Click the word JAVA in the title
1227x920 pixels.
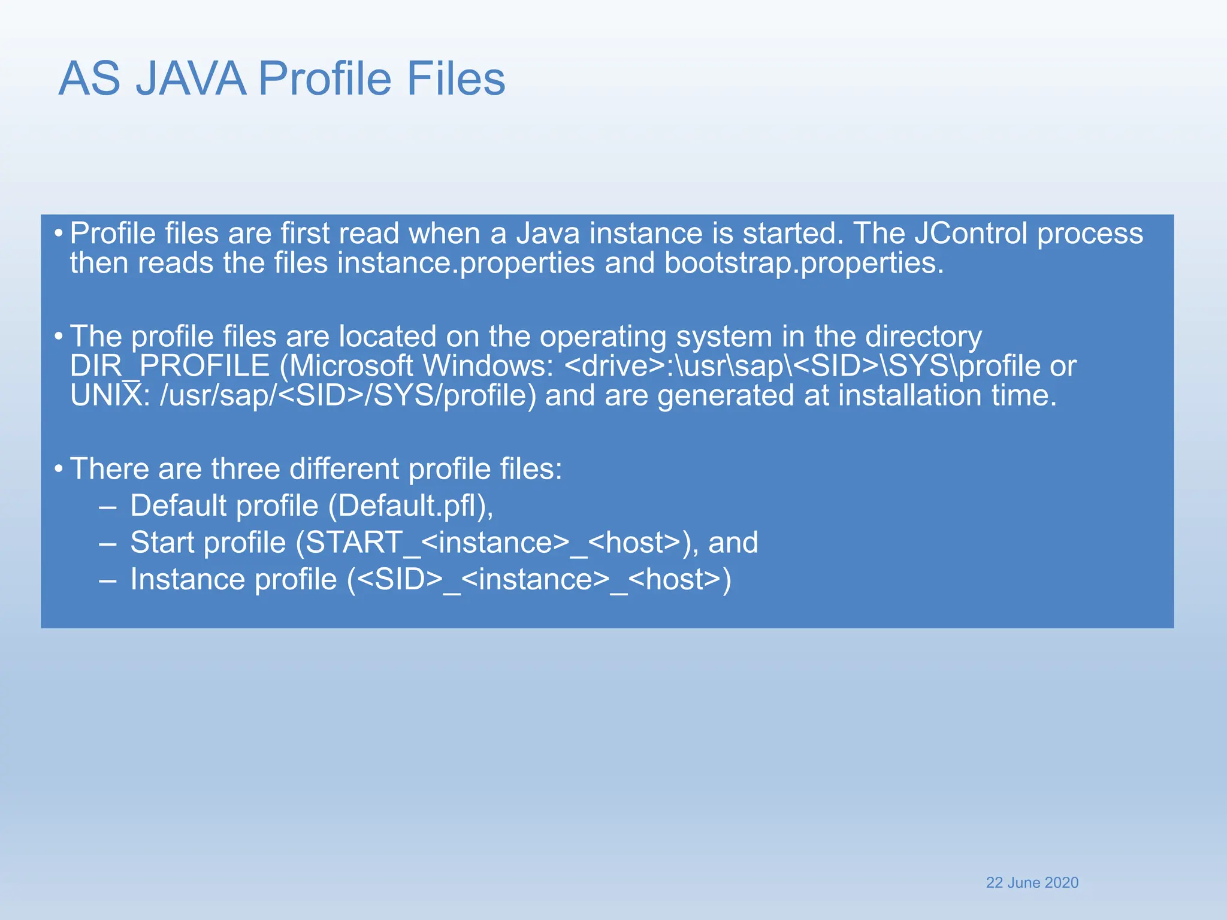[x=191, y=78]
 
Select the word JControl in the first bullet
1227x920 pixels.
[x=971, y=233]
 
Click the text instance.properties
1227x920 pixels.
[x=466, y=263]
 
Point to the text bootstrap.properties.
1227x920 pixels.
[x=804, y=263]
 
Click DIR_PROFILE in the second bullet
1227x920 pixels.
[x=170, y=366]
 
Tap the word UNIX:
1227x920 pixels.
[x=110, y=396]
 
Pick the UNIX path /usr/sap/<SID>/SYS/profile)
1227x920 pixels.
[x=347, y=396]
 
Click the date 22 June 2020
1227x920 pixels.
[x=1032, y=883]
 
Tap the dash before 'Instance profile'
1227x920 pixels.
[x=108, y=580]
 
